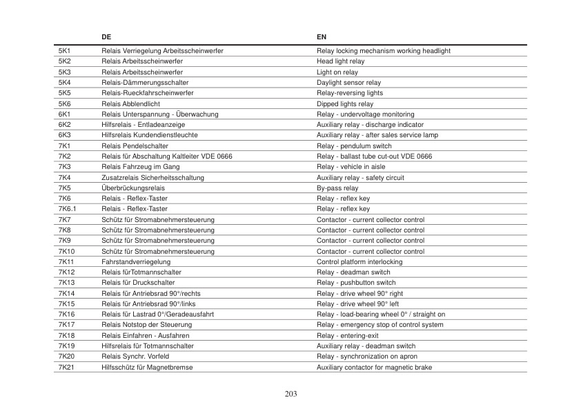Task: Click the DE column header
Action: pos(106,36)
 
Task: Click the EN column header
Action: pos(322,36)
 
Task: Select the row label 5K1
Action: pos(65,51)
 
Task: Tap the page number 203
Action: pos(290,394)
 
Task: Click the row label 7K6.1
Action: pos(67,209)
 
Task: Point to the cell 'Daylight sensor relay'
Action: pos(348,83)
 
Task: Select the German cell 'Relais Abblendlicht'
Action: pos(130,104)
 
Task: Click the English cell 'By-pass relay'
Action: pos(337,188)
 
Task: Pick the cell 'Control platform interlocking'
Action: pos(359,262)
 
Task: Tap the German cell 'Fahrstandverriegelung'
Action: pos(136,262)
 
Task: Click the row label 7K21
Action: pos(66,368)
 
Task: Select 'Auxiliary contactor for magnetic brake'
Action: pos(374,368)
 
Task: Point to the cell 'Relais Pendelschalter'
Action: pos(135,146)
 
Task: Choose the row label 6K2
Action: pos(65,125)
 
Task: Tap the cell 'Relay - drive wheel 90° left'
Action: pos(357,304)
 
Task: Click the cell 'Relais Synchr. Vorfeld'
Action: pos(135,357)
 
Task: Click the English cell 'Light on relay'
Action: pos(337,72)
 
